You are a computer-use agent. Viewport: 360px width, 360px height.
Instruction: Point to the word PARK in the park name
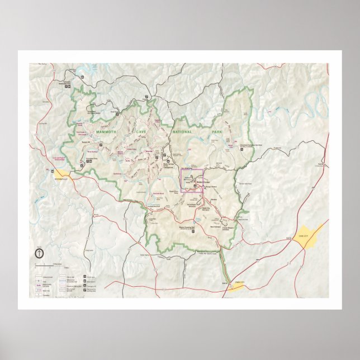pos(217,132)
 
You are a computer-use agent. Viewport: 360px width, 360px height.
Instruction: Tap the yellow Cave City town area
pos(306,235)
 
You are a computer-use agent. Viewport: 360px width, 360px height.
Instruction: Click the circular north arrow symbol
pos(40,254)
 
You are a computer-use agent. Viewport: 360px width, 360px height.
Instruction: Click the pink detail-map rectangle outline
pos(191,181)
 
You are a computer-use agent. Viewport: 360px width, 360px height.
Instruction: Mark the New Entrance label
pos(215,227)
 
